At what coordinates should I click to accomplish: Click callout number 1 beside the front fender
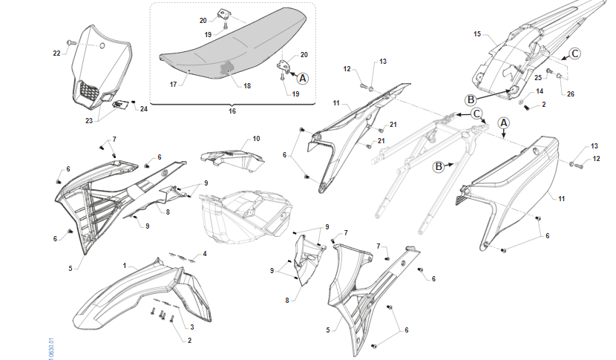125,264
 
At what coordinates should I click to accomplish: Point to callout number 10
256,139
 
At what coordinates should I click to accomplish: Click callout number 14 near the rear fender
540,91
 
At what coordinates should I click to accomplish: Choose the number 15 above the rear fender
477,33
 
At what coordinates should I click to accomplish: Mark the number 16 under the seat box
232,111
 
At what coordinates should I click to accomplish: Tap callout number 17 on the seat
172,85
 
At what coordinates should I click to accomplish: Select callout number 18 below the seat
247,86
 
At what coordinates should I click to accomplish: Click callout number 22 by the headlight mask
56,53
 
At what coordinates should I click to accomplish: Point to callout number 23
90,120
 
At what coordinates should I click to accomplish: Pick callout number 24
144,109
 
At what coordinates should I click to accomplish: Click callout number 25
537,78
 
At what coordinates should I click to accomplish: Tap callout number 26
570,94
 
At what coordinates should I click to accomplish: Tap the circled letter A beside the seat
303,77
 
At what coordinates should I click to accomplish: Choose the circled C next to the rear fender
574,53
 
